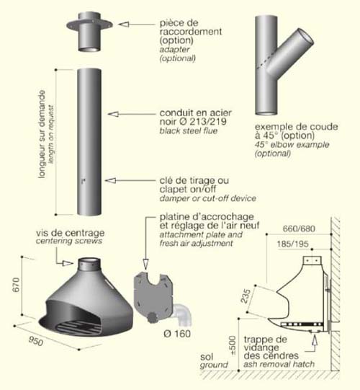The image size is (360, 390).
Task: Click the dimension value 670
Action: pos(16,285)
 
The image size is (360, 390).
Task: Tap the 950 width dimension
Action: pos(36,341)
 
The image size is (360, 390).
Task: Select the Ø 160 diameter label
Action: pos(177,334)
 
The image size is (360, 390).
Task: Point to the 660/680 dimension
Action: pos(299,229)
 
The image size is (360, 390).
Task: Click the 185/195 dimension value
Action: pos(293,244)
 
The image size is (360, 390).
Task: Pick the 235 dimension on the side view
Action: pos(246,296)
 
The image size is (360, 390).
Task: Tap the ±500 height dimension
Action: pos(233,345)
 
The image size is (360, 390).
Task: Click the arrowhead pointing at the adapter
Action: pos(123,24)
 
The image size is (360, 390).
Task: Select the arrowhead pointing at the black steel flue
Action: pos(113,114)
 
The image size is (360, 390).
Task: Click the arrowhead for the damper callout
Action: pos(110,180)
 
